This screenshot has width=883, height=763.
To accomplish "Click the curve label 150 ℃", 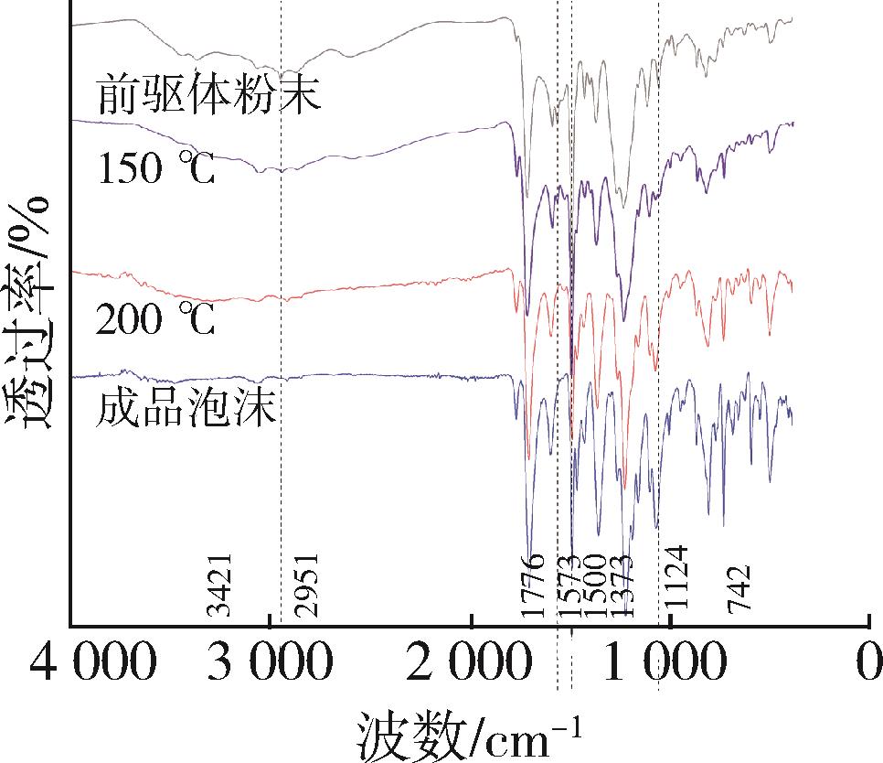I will [x=156, y=168].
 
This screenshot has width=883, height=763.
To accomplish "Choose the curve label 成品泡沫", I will [x=186, y=409].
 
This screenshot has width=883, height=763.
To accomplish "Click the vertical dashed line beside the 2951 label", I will [x=281, y=366].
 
